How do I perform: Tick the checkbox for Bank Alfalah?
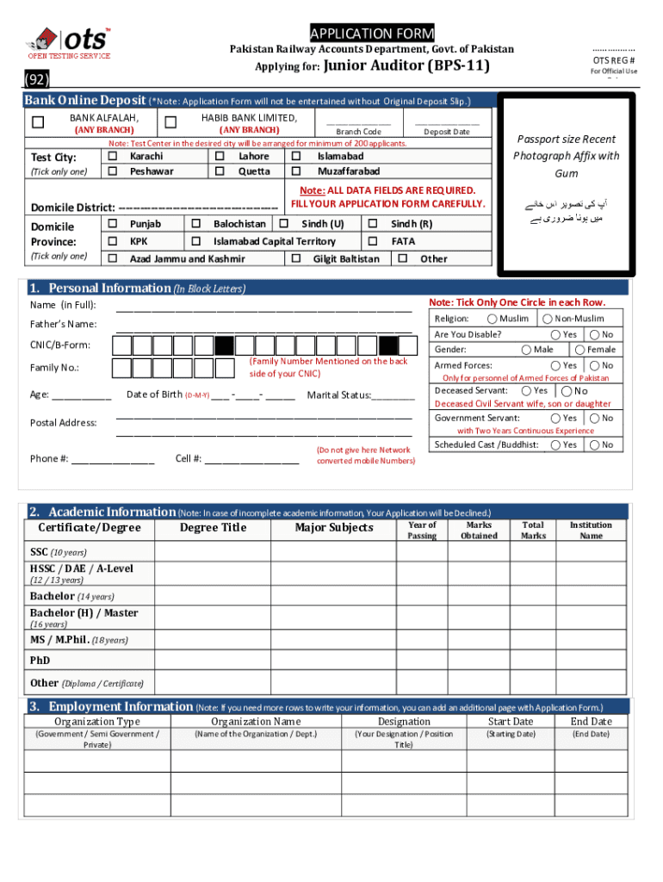[x=38, y=123]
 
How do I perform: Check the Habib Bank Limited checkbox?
[x=170, y=123]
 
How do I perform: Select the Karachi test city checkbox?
[x=113, y=157]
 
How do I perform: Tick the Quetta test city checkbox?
[x=220, y=171]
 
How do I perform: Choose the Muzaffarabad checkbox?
[x=296, y=171]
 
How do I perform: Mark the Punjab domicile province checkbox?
[x=113, y=224]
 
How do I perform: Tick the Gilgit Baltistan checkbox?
[x=296, y=258]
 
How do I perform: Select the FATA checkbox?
[x=373, y=241]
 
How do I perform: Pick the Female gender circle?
[x=580, y=350]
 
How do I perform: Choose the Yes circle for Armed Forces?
[x=555, y=365]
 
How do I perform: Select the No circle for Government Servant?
[x=593, y=418]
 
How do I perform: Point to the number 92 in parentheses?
[x=37, y=81]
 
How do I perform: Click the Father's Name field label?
[x=64, y=325]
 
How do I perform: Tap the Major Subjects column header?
[x=334, y=528]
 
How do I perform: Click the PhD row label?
[x=40, y=661]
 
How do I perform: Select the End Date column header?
[x=591, y=721]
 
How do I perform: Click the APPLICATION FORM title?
[x=372, y=34]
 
